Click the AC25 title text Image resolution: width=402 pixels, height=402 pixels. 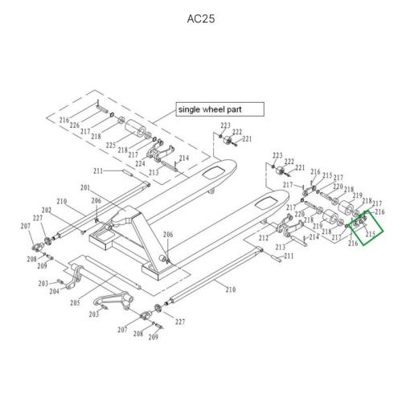pyautogui.click(x=200, y=18)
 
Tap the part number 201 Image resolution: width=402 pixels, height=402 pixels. pyautogui.click(x=84, y=187)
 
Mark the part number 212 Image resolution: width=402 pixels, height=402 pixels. pyautogui.click(x=263, y=238)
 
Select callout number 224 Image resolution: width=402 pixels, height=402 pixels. pyautogui.click(x=140, y=163)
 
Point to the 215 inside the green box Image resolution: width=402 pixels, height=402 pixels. pyautogui.click(x=371, y=234)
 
